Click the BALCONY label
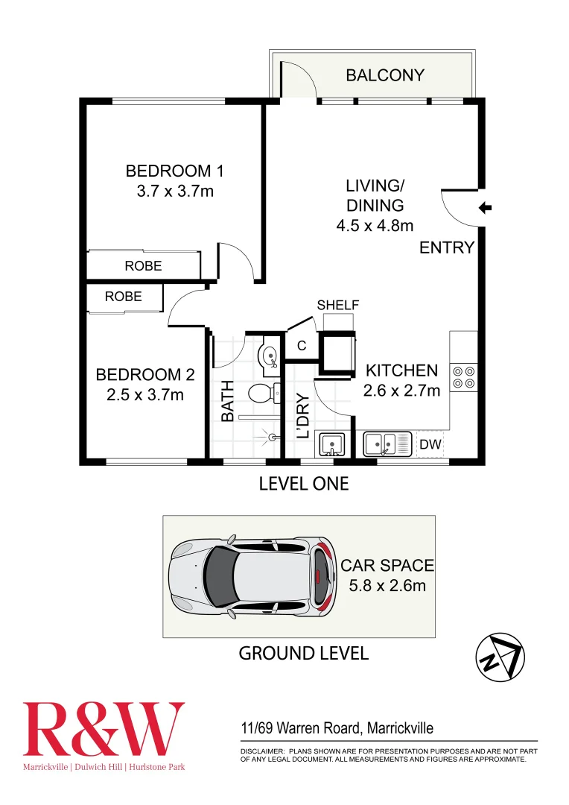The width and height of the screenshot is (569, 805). pos(385,75)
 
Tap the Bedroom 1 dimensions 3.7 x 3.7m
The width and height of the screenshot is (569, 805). pos(175,191)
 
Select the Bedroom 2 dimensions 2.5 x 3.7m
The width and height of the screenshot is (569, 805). pos(144,394)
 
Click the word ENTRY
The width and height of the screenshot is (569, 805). pos(447,248)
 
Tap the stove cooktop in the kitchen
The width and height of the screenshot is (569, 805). pos(464,377)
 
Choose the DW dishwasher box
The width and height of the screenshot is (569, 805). pos(430,445)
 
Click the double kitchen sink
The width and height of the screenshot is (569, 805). pos(387,445)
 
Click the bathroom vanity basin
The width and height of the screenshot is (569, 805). pos(270,355)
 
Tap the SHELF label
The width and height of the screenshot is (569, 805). pos(338,305)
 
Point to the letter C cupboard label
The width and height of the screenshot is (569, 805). pos(302,346)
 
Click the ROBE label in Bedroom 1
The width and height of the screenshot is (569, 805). pos(143,265)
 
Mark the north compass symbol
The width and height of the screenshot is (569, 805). pos(500,657)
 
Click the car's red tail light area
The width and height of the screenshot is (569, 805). pos(320,575)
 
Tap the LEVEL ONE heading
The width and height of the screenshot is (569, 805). pos(303,484)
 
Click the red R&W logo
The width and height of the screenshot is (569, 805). pos(104,730)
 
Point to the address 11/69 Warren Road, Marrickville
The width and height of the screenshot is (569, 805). pos(337,728)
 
